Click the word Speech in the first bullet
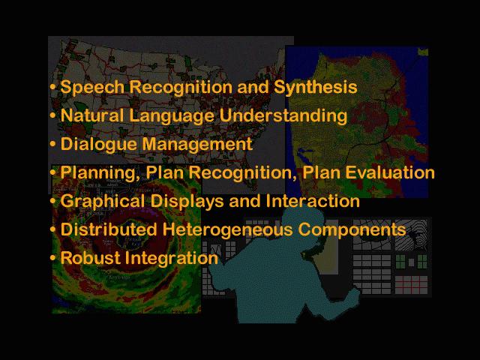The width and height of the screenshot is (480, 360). pos(91,88)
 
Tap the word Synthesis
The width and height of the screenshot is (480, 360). pos(315,88)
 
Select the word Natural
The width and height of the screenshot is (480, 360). pos(91,115)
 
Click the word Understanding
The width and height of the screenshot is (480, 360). pos(283,115)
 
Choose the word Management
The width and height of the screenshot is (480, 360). pos(197,144)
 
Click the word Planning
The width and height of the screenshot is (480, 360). pos(98,172)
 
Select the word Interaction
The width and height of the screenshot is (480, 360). pos(313,201)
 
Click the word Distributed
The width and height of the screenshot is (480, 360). pos(109,229)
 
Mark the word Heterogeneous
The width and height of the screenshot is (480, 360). pos(227,229)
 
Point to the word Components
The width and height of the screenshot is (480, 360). pos(352,230)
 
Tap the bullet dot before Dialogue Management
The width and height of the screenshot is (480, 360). pos(53,143)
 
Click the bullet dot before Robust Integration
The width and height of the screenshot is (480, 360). pos(53,257)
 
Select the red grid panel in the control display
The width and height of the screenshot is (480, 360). pos(411,285)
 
